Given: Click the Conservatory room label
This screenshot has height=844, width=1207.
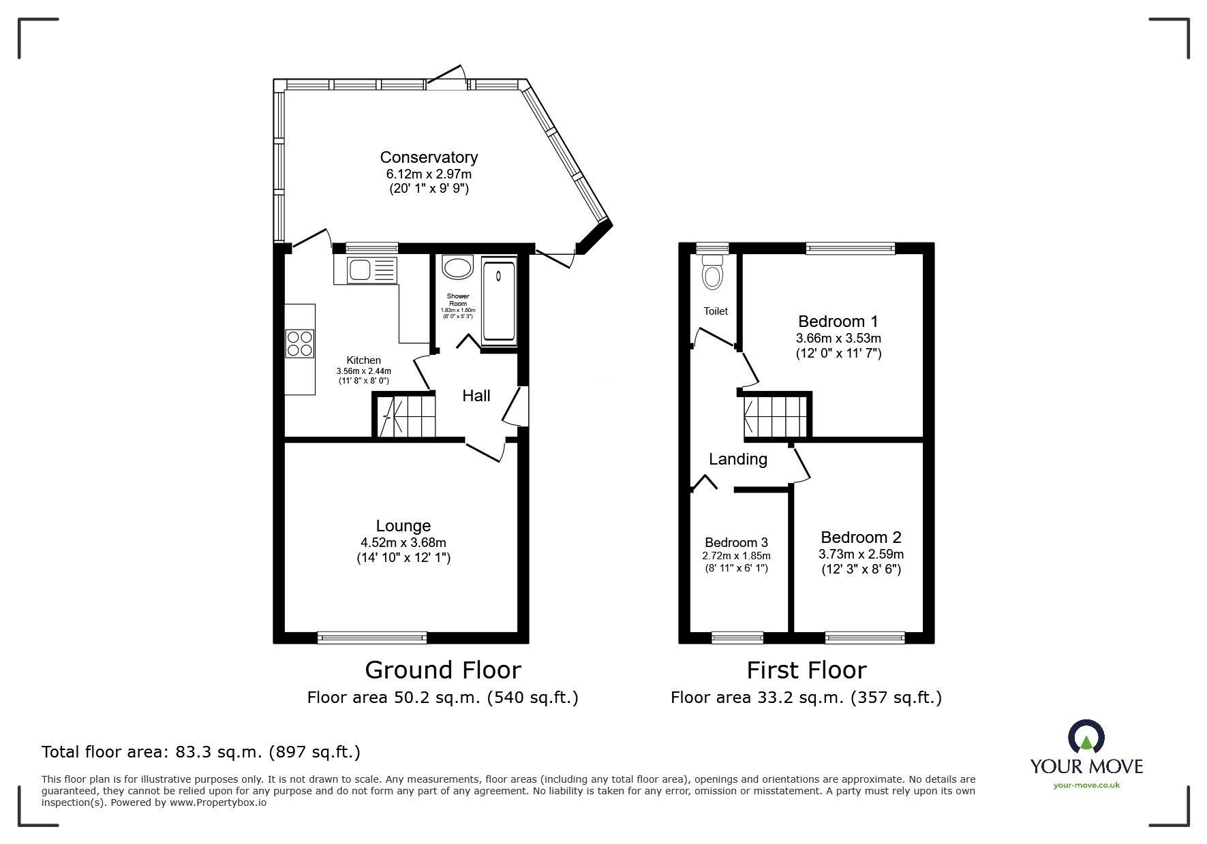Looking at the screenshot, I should [x=429, y=157].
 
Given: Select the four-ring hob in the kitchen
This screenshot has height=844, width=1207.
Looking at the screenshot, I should [x=301, y=343].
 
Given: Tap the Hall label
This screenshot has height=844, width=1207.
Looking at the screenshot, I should [x=476, y=396].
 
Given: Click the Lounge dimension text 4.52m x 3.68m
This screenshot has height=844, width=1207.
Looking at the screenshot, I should [x=403, y=543].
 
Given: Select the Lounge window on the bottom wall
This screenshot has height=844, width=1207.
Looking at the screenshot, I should [x=372, y=638].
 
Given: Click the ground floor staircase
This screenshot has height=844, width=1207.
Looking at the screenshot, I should [x=406, y=416].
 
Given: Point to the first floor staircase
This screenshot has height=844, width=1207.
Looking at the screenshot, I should [x=776, y=416].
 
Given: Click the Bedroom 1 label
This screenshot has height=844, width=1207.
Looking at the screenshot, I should [x=838, y=321].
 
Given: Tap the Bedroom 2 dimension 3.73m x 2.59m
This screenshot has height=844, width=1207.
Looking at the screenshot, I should [x=861, y=554].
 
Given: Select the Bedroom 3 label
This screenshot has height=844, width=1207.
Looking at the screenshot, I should [x=736, y=542].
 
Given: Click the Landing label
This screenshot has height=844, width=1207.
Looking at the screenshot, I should [x=738, y=459].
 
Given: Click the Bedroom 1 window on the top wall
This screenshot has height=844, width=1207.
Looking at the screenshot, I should [x=850, y=249].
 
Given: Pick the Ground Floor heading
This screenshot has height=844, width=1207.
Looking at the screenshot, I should [x=443, y=670].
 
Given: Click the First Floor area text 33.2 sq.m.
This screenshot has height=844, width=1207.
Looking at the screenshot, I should [x=806, y=698].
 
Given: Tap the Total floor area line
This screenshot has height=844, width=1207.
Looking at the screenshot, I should [x=201, y=752].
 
